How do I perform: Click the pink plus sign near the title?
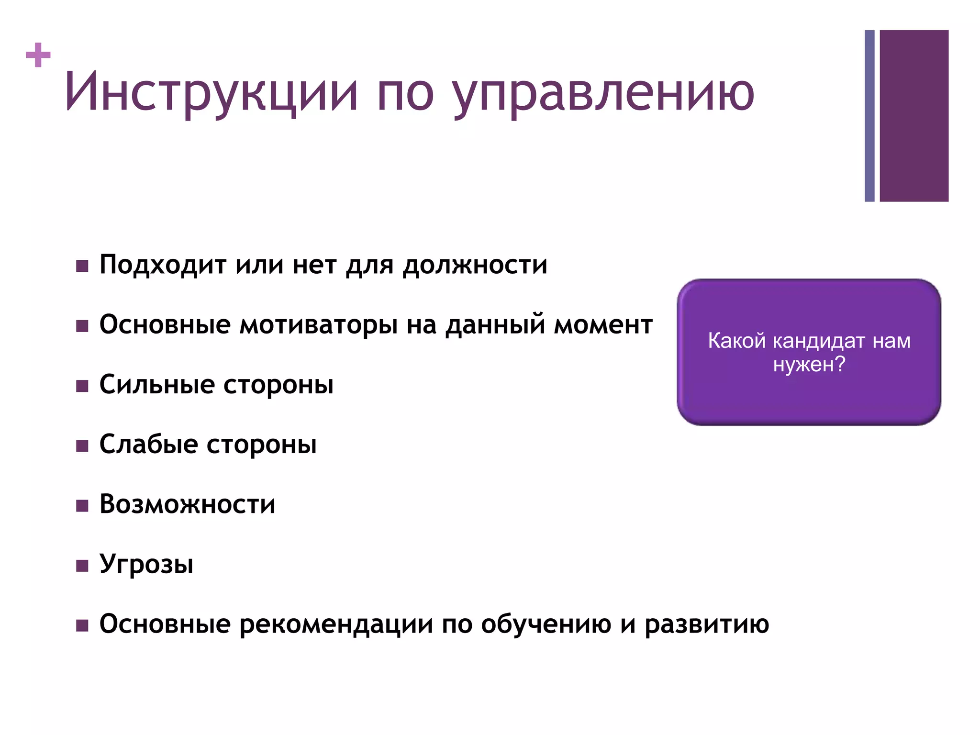tap(38, 56)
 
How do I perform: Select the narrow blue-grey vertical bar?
tap(869, 116)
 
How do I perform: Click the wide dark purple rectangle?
tap(914, 116)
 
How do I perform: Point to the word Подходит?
tap(163, 265)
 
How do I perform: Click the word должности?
tap(475, 265)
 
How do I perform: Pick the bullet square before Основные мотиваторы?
tap(82, 326)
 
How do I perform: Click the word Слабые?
tap(148, 445)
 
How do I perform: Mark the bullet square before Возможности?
tap(82, 506)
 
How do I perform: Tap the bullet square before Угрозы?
tap(82, 566)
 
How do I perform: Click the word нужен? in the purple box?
tap(809, 365)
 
